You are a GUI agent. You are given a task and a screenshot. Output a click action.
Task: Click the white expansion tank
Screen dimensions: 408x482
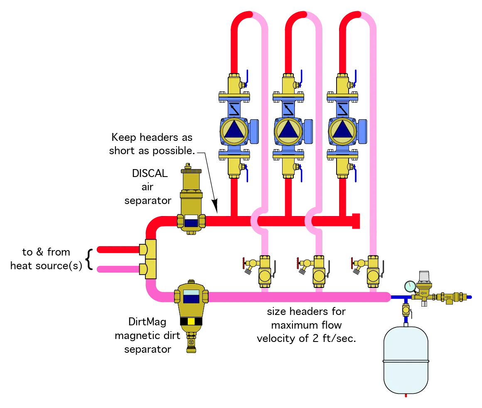tap(406, 360)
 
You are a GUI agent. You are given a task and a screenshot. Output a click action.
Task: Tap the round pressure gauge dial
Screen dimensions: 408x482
tap(410, 287)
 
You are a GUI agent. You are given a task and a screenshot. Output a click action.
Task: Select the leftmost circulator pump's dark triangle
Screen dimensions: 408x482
tap(234, 130)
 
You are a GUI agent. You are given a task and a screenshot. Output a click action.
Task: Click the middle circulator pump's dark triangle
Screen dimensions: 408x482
tap(288, 130)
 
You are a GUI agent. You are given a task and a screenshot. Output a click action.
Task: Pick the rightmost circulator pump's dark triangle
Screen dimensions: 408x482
tap(342, 130)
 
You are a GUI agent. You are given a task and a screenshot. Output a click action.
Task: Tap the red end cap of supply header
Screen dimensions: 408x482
tap(357, 221)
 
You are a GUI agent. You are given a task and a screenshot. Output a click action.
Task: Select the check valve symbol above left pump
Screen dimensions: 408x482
tap(234, 109)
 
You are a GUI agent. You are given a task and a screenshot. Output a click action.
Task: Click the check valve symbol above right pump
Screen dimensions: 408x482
tap(342, 109)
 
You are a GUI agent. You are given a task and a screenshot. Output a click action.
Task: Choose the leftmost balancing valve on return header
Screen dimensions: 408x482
tap(264, 270)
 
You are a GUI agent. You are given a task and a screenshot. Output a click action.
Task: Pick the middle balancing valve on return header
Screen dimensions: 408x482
tap(318, 270)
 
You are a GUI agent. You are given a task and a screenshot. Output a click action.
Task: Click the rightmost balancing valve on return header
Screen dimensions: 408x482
tap(372, 270)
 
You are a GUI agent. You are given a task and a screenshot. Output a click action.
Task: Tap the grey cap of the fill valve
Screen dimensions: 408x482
tap(424, 275)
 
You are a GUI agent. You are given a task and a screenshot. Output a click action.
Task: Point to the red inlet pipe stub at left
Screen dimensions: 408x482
tap(118, 250)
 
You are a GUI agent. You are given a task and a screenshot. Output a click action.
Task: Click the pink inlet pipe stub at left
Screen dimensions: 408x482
tap(118, 269)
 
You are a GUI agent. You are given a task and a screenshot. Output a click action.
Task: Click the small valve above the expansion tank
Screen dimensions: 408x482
tap(406, 310)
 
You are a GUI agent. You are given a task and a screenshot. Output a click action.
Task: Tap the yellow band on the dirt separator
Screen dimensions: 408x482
tap(191, 321)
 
